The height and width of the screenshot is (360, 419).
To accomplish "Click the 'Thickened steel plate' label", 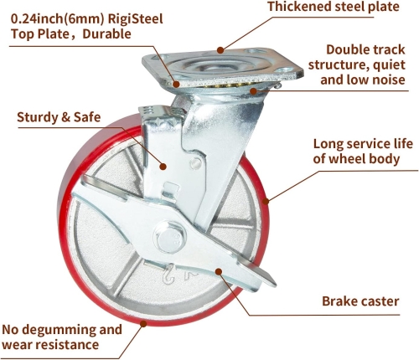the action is click(x=334, y=7).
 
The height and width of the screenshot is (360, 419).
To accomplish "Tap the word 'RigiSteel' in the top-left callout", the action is click(x=135, y=19).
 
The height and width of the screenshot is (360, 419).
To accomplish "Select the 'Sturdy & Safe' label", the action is click(x=59, y=117).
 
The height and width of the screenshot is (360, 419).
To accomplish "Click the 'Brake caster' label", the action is click(x=360, y=301).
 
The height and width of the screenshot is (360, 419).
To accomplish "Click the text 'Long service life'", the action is click(x=363, y=144).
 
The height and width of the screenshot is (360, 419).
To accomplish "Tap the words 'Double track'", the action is click(x=365, y=49).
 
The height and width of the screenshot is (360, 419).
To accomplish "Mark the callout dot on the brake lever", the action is click(x=219, y=271).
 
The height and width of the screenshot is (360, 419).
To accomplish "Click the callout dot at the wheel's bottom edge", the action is click(x=143, y=324).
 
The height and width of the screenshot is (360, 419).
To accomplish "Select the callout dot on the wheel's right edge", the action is click(x=266, y=201).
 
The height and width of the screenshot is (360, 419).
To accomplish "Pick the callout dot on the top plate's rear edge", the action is click(x=220, y=50).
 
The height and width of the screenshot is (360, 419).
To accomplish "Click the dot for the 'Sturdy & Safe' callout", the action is click(x=163, y=167).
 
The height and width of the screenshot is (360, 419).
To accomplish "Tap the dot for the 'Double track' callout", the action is click(x=253, y=91).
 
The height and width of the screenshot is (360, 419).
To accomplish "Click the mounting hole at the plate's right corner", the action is click(x=285, y=70).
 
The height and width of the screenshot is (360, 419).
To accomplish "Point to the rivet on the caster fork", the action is click(x=195, y=162).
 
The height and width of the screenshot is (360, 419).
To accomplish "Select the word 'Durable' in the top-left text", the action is click(x=106, y=34).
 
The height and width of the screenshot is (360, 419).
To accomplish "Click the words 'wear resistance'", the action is click(x=50, y=345).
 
